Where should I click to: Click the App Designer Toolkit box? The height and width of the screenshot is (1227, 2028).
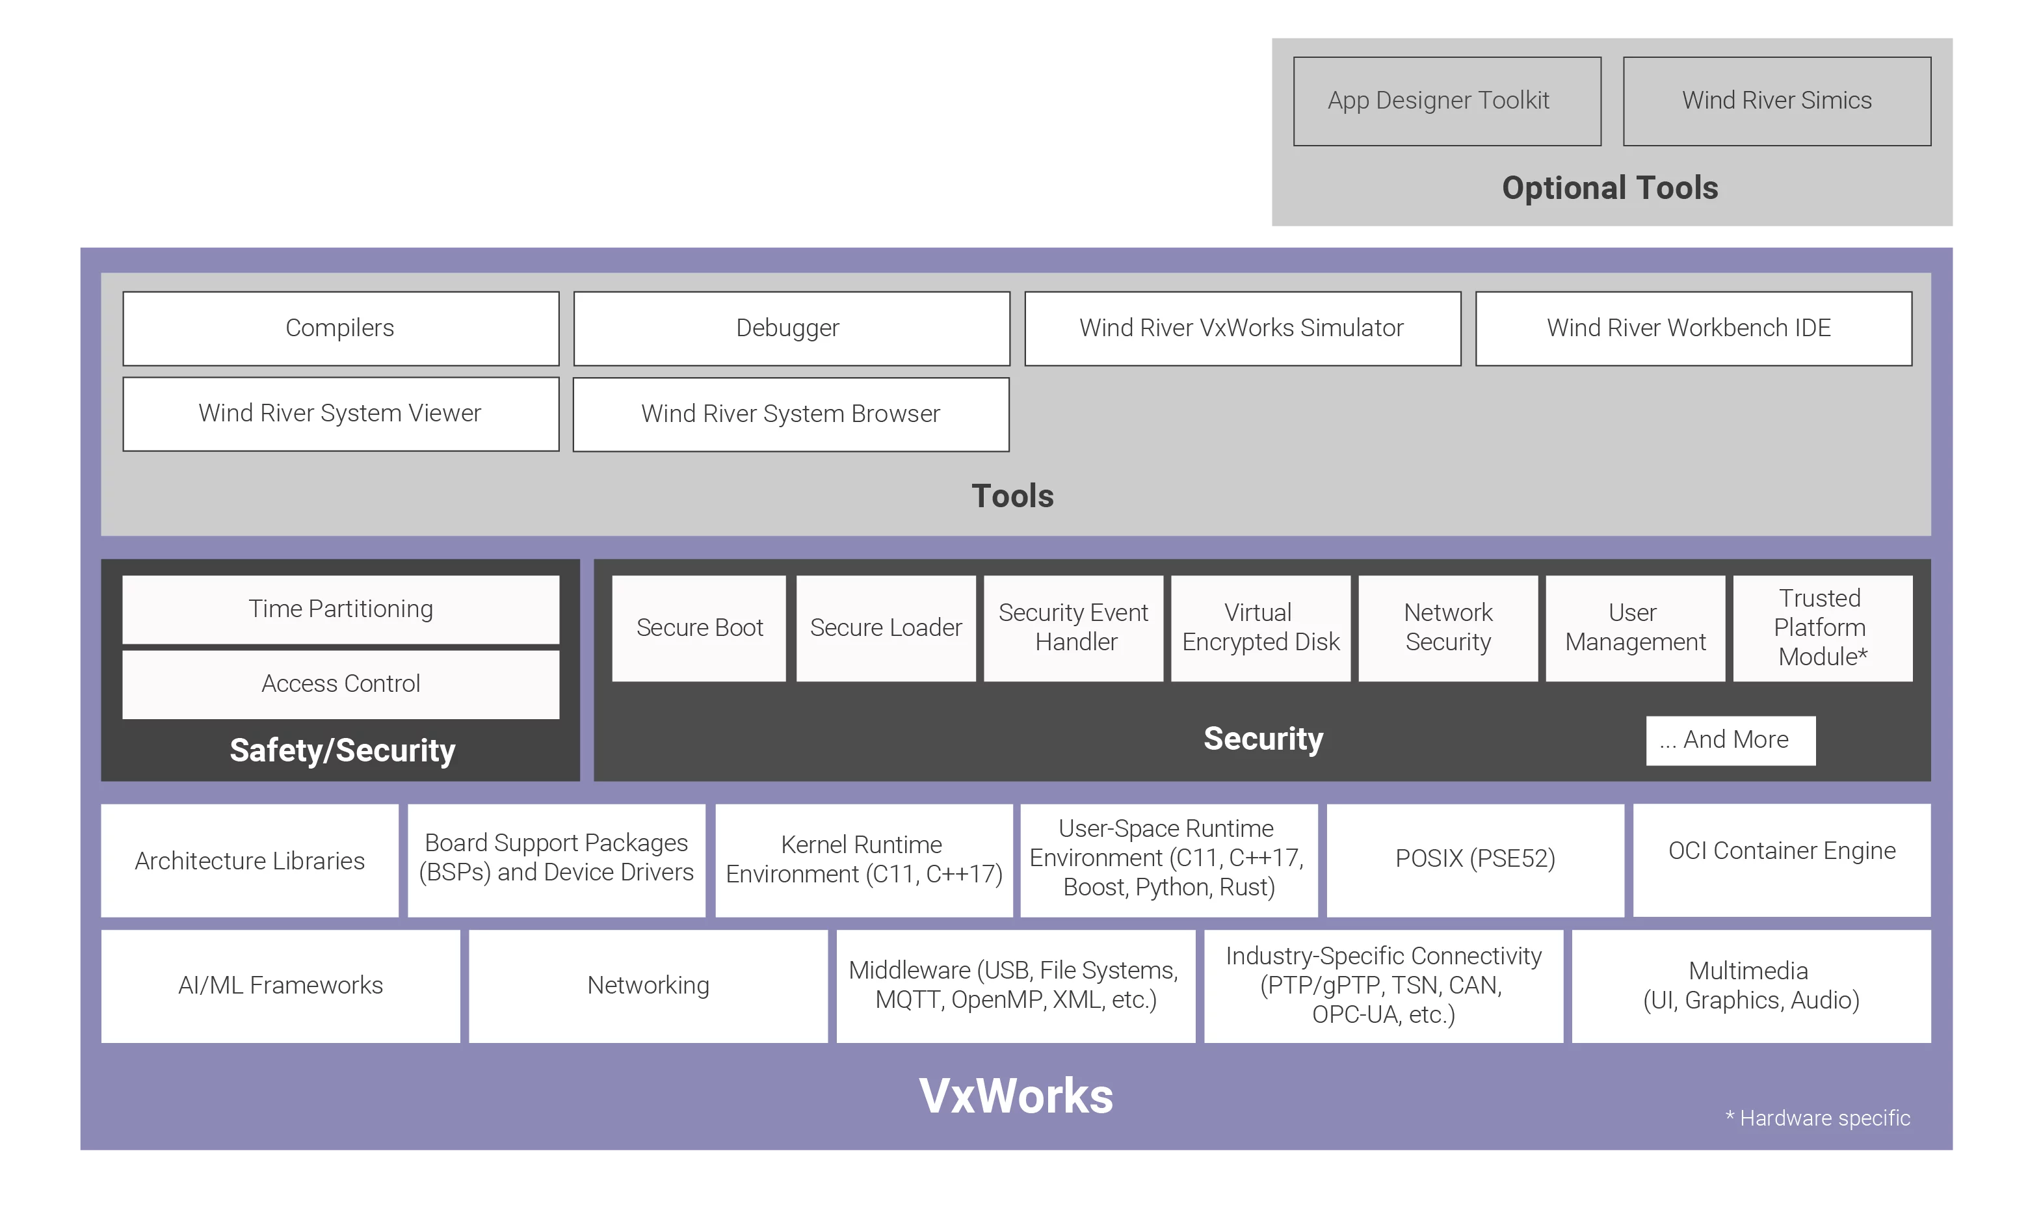(x=1447, y=101)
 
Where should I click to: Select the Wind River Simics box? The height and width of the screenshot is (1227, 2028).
(x=1776, y=101)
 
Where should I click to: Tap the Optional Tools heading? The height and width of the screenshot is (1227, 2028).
(x=1610, y=188)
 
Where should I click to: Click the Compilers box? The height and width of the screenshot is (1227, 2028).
(x=341, y=328)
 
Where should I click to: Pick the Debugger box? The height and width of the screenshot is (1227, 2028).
(x=791, y=328)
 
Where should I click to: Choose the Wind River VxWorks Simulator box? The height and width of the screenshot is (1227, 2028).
(x=1242, y=328)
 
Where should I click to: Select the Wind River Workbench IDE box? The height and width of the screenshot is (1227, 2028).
(x=1693, y=328)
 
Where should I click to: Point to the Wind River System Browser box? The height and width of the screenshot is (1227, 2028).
(x=791, y=414)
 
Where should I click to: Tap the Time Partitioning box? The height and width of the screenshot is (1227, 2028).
(x=341, y=609)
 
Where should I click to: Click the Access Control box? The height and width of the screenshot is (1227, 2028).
(x=341, y=684)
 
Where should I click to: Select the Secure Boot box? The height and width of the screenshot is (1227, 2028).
(x=699, y=628)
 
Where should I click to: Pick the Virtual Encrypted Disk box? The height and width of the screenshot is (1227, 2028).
(x=1260, y=628)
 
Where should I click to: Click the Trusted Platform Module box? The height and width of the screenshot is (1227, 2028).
(x=1823, y=628)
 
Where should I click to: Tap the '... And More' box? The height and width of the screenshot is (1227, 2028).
(x=1730, y=740)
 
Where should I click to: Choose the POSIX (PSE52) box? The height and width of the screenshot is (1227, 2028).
(x=1475, y=859)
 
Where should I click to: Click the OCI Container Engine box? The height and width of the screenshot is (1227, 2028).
(x=1781, y=859)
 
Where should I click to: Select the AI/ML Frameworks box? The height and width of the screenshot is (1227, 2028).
(x=281, y=986)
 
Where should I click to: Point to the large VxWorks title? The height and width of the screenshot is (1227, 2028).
(x=1016, y=1096)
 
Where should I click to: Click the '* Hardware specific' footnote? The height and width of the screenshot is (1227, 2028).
(x=1817, y=1118)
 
